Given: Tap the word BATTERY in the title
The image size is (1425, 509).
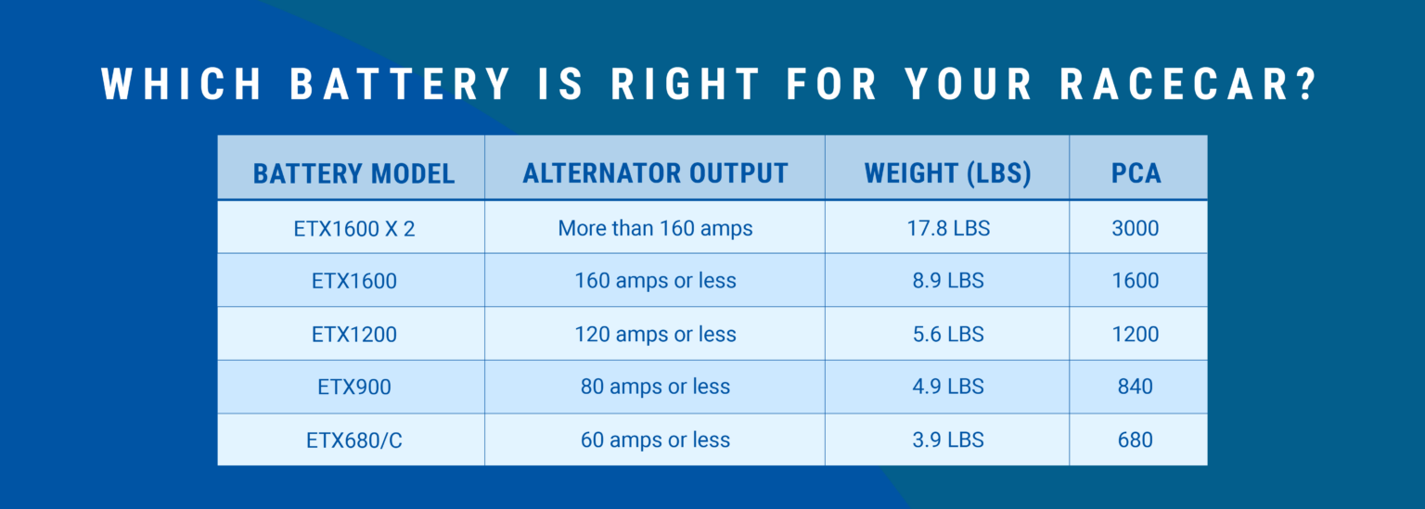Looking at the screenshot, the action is pyautogui.click(x=401, y=83).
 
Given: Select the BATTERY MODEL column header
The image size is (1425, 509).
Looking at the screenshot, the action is pyautogui.click(x=353, y=173).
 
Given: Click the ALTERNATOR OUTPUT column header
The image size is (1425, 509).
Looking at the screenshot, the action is pyautogui.click(x=655, y=173).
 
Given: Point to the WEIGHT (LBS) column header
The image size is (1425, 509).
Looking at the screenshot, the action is pyautogui.click(x=948, y=173).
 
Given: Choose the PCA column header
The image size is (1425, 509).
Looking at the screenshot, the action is pyautogui.click(x=1136, y=173).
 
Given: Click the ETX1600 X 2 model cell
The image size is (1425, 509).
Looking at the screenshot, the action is pyautogui.click(x=354, y=229).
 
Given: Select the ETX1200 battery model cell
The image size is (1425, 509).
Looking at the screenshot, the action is pyautogui.click(x=354, y=335).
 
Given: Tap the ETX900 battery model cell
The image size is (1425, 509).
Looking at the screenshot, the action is pyautogui.click(x=354, y=387).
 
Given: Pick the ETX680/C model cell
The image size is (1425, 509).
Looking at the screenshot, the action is pyautogui.click(x=354, y=440).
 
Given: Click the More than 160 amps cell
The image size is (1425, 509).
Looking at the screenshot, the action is pyautogui.click(x=655, y=229).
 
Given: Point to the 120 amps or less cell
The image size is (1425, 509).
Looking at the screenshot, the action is pyautogui.click(x=655, y=335).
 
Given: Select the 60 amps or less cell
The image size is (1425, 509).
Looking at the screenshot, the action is pyautogui.click(x=655, y=439).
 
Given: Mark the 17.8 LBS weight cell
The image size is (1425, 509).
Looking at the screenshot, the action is pyautogui.click(x=948, y=228).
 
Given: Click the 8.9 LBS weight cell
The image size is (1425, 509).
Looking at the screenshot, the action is pyautogui.click(x=948, y=280).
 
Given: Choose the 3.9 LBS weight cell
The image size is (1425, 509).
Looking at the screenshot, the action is pyautogui.click(x=948, y=439).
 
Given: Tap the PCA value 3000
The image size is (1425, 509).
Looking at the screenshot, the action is pyautogui.click(x=1136, y=228).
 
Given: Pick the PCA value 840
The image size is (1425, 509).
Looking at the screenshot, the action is pyautogui.click(x=1136, y=387).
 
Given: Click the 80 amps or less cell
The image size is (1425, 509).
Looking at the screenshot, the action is pyautogui.click(x=655, y=387).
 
